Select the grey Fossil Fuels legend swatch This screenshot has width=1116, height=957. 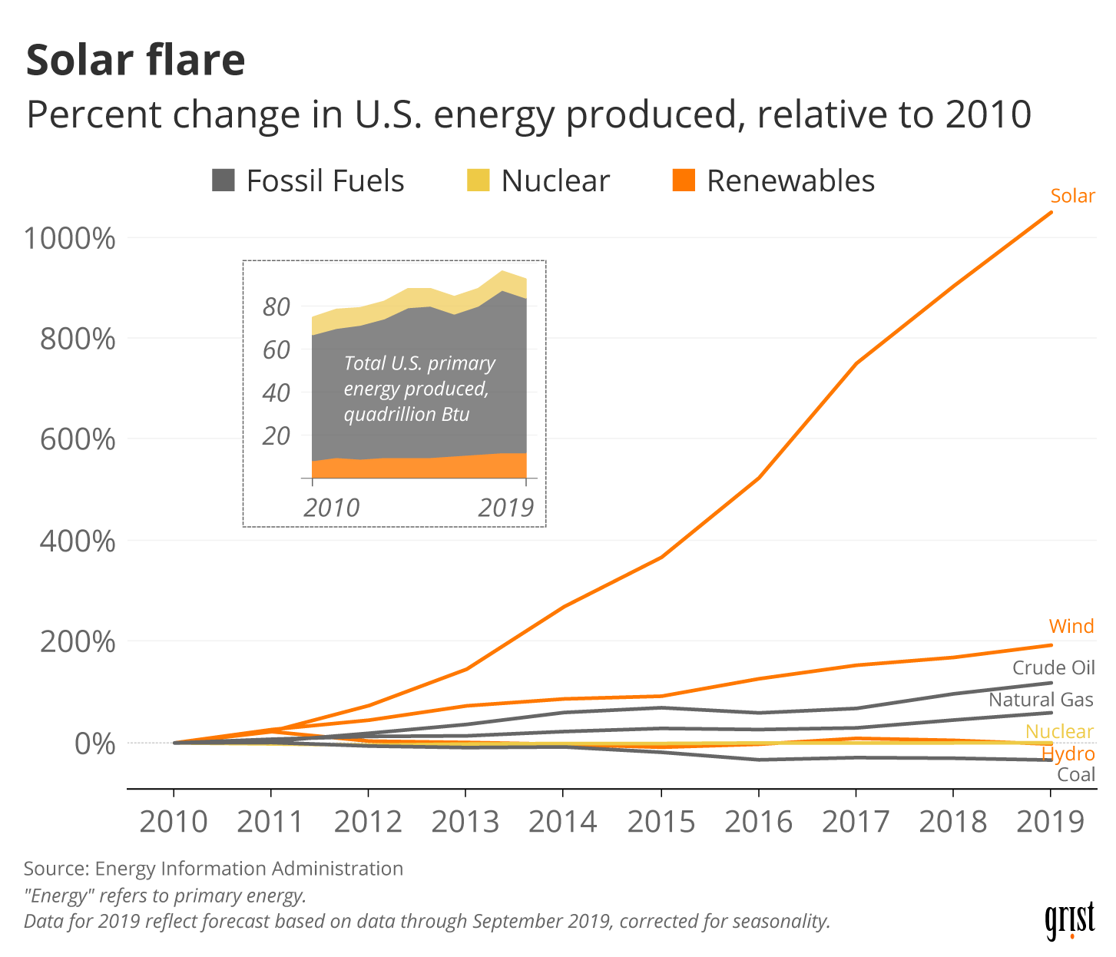click(x=223, y=180)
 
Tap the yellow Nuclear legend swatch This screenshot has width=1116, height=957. click(x=478, y=180)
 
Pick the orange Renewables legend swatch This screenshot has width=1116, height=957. click(x=684, y=180)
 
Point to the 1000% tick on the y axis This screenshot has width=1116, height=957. click(x=70, y=238)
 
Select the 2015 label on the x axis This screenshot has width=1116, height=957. click(x=661, y=822)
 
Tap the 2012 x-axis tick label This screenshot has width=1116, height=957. click(x=368, y=822)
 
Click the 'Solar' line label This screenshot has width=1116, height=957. click(x=1072, y=196)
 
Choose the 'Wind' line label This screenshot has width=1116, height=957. click(x=1071, y=626)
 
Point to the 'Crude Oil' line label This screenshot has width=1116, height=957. click(x=1053, y=667)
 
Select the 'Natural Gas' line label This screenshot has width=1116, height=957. click(x=1041, y=700)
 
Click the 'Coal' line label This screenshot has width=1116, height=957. click(x=1076, y=774)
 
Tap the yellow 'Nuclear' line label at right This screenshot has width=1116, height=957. click(x=1059, y=731)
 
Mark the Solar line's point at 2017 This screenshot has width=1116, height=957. click(x=856, y=363)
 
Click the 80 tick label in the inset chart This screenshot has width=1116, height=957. click(x=277, y=307)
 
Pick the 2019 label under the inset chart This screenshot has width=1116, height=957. click(x=505, y=508)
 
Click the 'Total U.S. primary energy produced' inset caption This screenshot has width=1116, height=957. click(x=419, y=389)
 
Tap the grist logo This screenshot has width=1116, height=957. click(x=1069, y=919)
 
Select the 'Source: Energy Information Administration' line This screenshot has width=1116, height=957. click(x=214, y=869)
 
